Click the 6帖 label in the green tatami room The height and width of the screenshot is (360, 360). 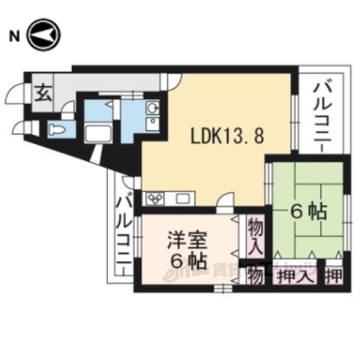308,212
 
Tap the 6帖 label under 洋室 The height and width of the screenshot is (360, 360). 187,261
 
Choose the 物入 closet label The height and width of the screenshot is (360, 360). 256,236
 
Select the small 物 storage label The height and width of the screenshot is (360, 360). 255,276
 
